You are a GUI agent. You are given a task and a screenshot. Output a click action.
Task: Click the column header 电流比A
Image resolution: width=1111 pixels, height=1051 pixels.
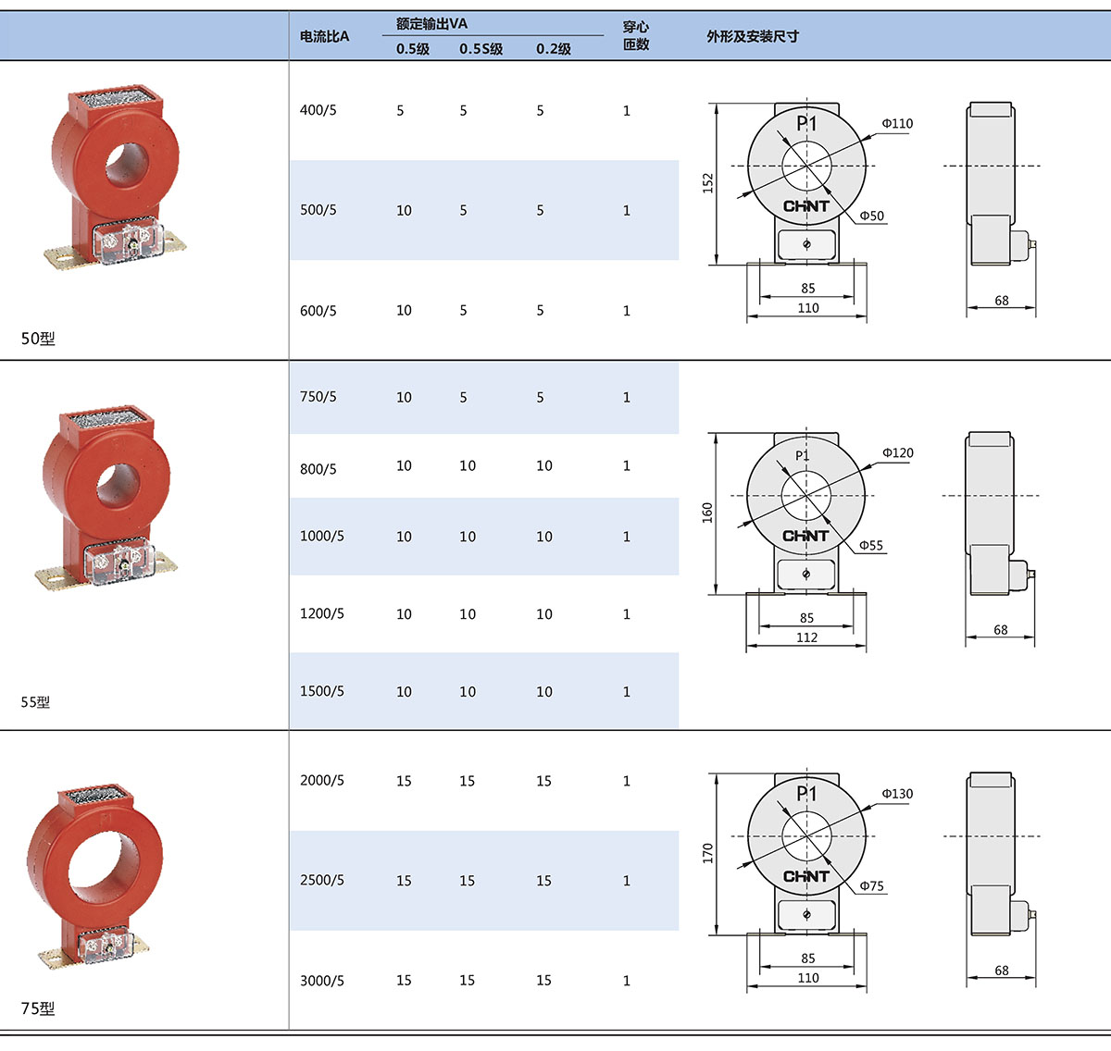(x=324, y=37)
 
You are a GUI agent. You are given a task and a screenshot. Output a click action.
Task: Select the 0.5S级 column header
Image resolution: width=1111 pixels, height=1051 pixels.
(x=481, y=49)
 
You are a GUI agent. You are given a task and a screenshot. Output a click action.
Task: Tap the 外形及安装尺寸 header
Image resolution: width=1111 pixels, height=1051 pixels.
(x=753, y=37)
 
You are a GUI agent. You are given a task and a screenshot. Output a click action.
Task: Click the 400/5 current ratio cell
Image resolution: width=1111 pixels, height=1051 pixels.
(x=318, y=110)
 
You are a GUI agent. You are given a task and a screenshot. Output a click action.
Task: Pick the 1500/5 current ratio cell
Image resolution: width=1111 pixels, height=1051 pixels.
(x=322, y=691)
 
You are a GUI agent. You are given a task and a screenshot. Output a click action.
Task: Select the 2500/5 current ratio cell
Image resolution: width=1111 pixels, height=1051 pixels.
(x=322, y=880)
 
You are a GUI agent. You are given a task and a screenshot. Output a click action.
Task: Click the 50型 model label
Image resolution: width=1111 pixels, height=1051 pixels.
(x=38, y=339)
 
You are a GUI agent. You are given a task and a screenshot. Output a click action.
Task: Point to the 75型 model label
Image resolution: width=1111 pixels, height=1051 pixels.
(x=38, y=1008)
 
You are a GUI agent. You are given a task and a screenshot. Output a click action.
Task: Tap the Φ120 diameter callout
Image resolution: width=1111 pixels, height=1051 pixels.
(x=898, y=453)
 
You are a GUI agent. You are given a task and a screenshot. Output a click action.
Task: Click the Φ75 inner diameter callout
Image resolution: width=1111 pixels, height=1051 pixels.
(x=872, y=885)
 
